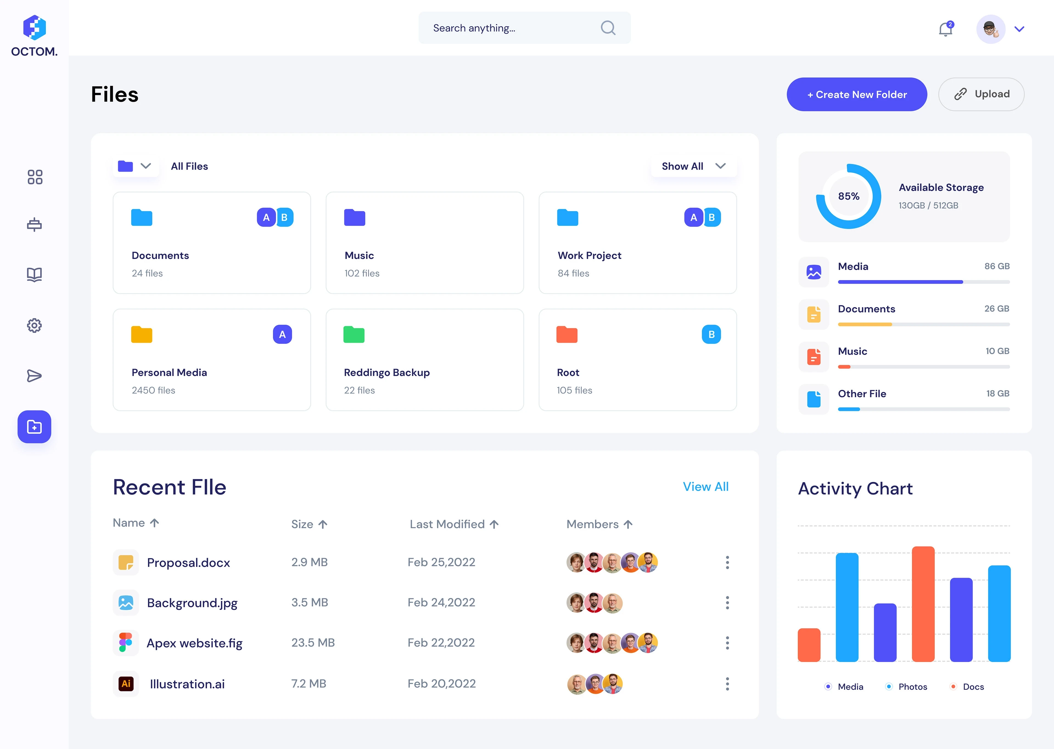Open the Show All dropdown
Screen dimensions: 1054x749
coord(693,166)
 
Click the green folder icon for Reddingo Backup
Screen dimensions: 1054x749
coord(354,334)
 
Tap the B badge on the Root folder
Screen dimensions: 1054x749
coord(711,334)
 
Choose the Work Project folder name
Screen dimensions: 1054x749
coord(589,256)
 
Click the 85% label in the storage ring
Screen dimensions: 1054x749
coord(849,196)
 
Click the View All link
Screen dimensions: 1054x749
coord(706,487)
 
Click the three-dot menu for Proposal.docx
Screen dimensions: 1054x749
coord(727,562)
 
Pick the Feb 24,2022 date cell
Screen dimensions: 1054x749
coord(441,602)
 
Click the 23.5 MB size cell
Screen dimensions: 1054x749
coord(313,643)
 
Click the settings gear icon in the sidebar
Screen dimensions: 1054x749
coord(34,326)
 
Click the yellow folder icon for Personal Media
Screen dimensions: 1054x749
coord(142,334)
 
